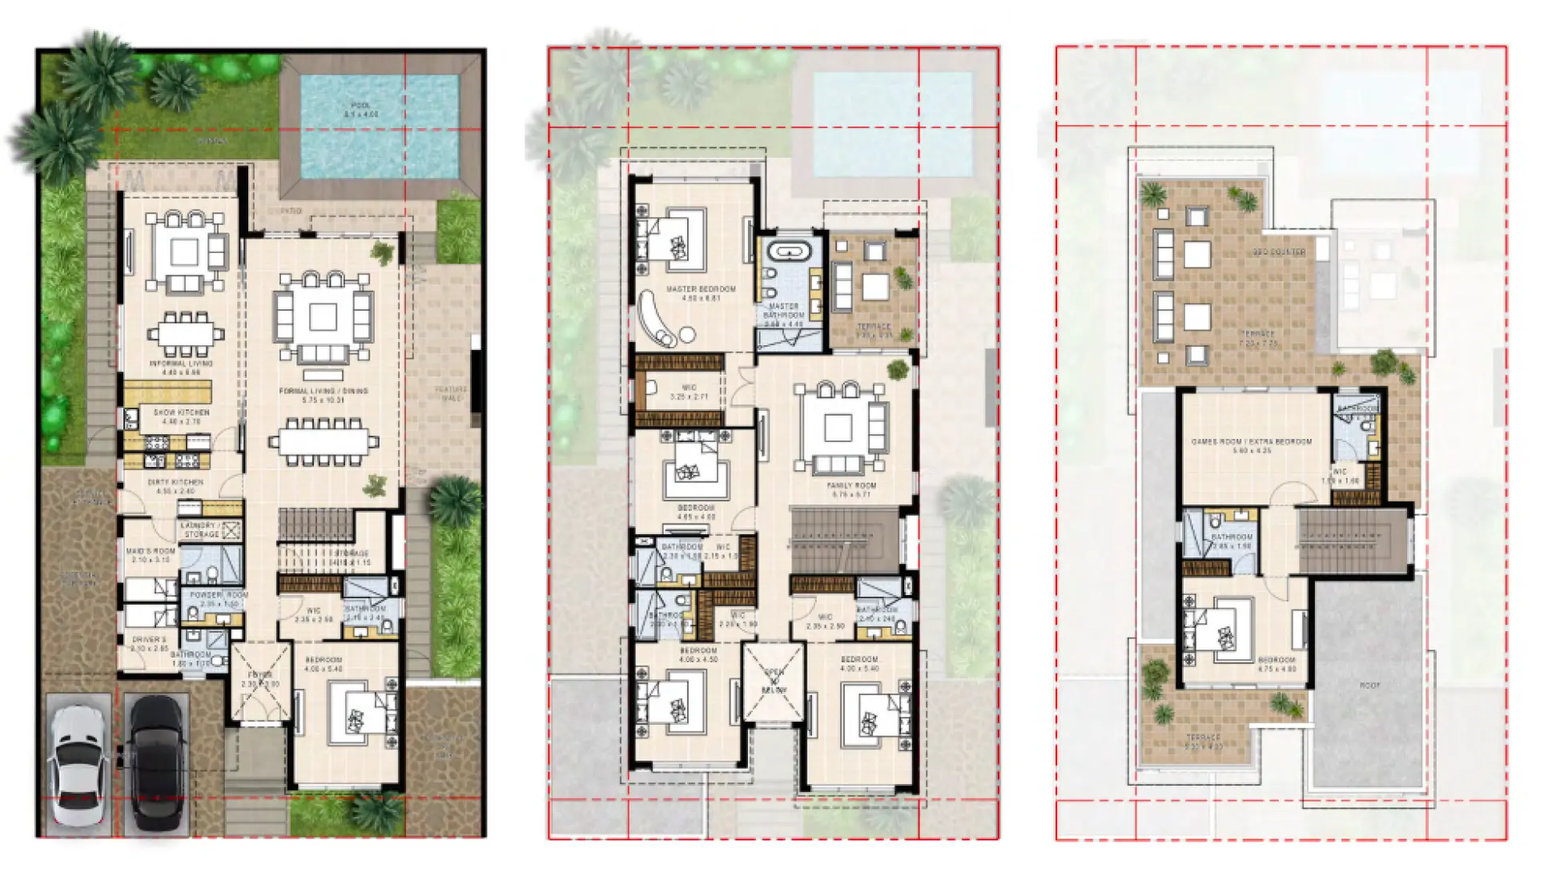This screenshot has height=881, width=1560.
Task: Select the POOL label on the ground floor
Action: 361,106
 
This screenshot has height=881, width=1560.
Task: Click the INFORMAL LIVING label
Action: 181,364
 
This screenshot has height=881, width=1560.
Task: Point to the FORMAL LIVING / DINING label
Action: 323,392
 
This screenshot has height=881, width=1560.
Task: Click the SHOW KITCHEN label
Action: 181,412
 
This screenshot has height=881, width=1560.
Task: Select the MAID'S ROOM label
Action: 151,552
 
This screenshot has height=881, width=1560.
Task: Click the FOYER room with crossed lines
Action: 260,682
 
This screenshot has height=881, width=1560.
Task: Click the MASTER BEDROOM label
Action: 701,289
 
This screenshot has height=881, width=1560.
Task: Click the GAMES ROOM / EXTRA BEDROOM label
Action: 1251,442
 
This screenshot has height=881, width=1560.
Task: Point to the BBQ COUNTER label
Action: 1279,252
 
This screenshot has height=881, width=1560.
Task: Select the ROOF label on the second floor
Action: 1369,686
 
